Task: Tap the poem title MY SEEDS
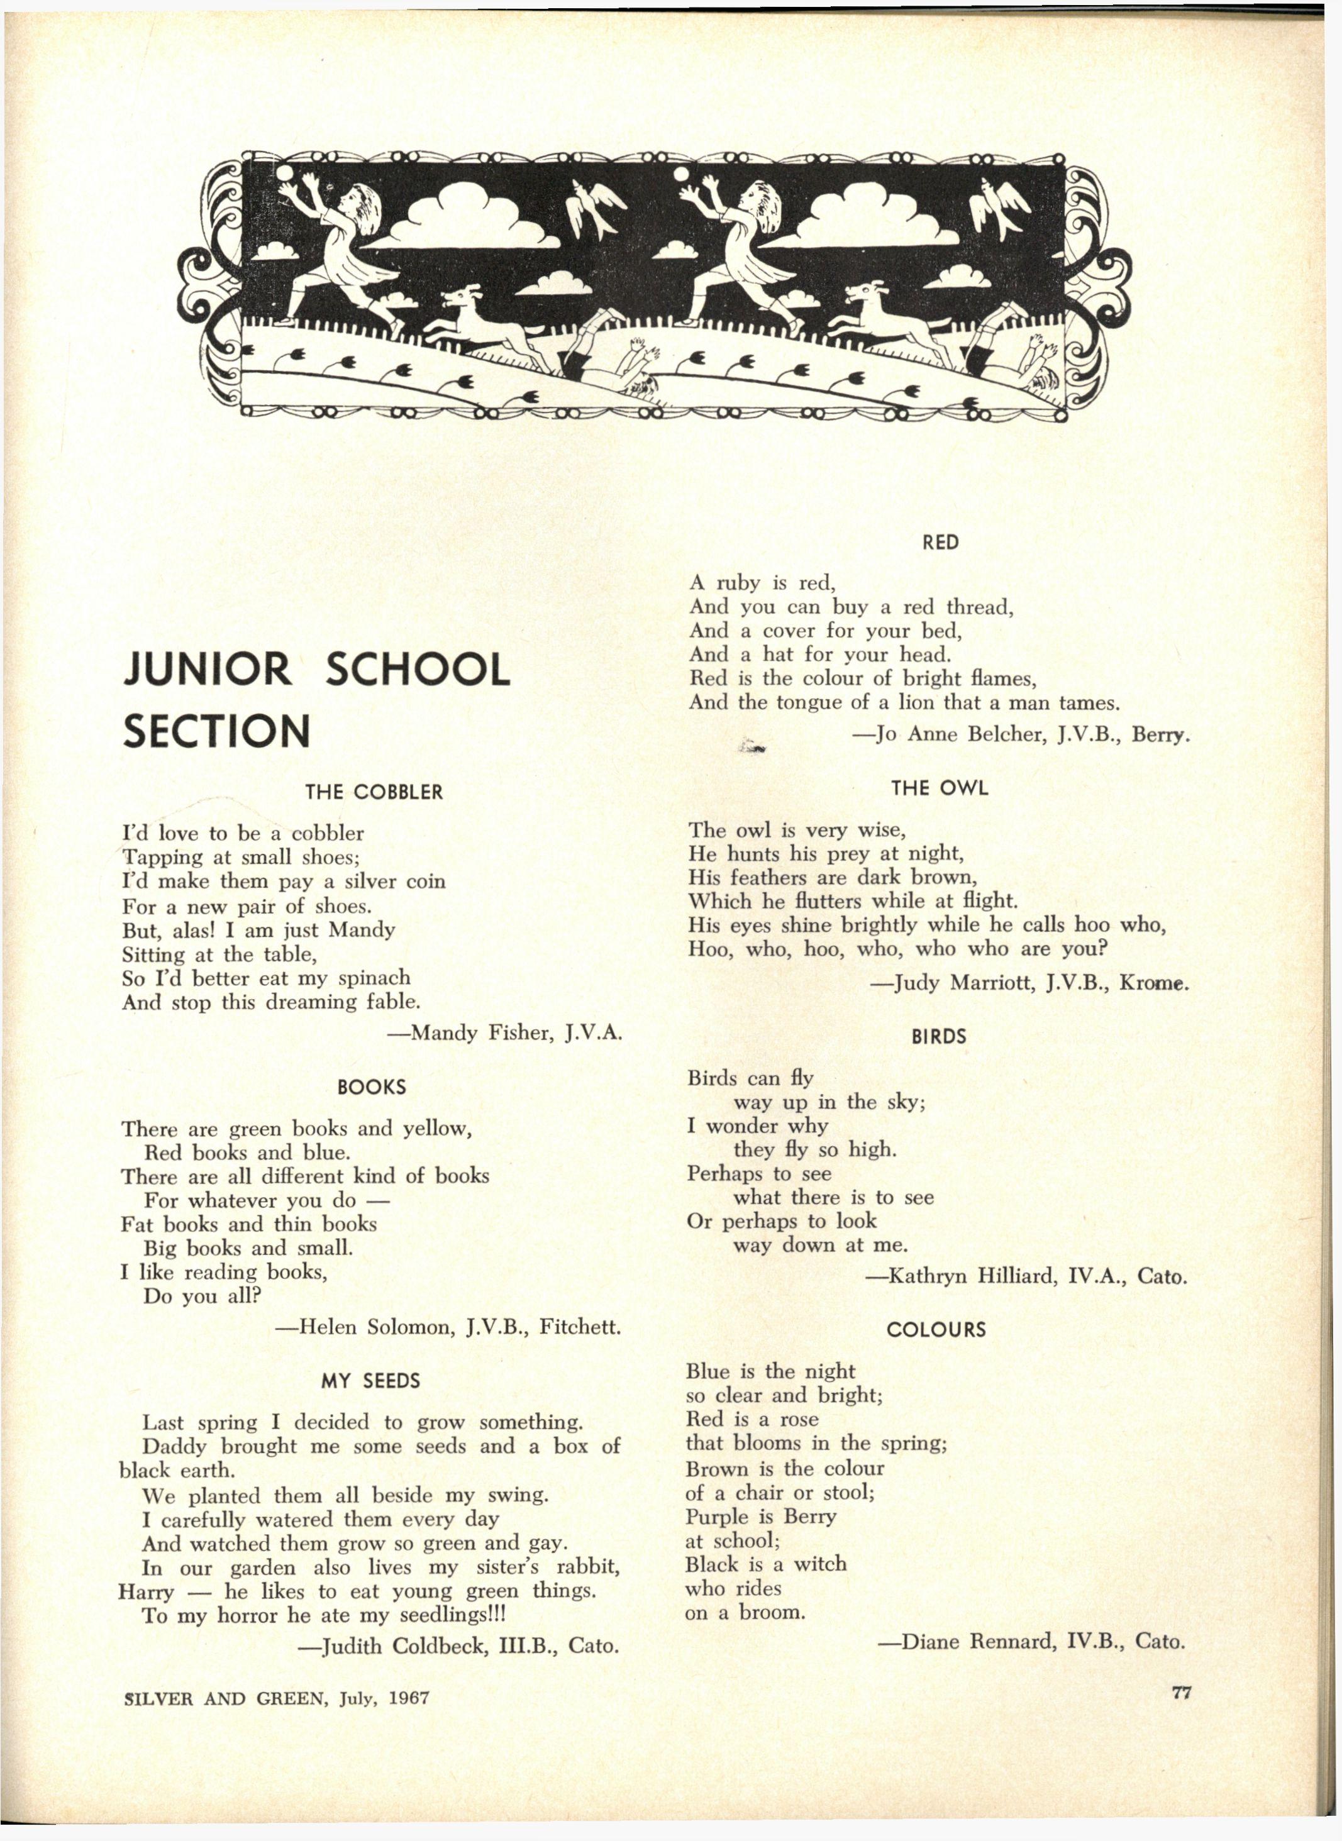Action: tap(370, 1381)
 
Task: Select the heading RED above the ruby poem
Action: tap(940, 543)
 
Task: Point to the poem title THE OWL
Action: tap(939, 788)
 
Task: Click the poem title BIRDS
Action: tap(938, 1036)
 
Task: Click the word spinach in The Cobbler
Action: tap(371, 978)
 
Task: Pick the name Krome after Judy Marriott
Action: tap(1152, 983)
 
